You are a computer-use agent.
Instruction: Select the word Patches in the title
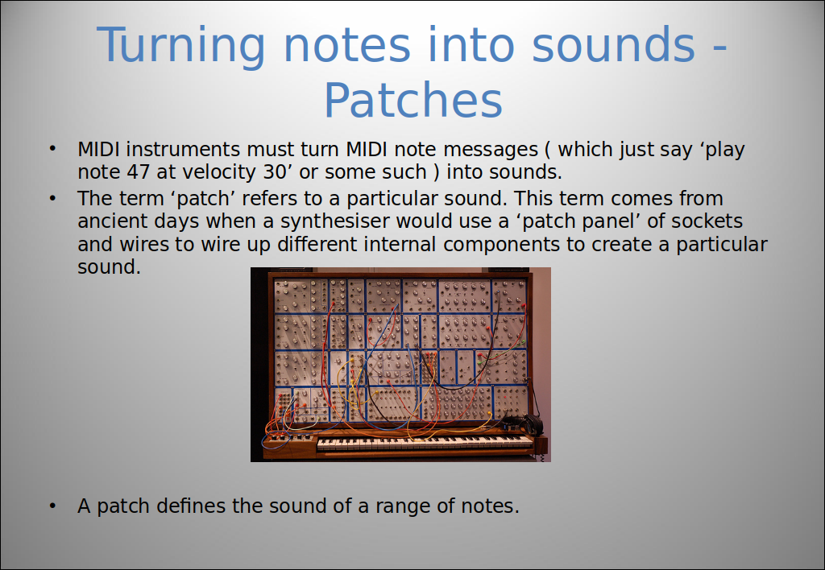[x=413, y=100]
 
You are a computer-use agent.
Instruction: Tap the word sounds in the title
[x=613, y=45]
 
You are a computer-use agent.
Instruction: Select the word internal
[x=400, y=244]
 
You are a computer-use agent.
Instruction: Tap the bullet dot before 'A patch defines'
[x=52, y=506]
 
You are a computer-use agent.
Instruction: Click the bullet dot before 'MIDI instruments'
[x=52, y=149]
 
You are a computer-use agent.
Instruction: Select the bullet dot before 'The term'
[x=52, y=198]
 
